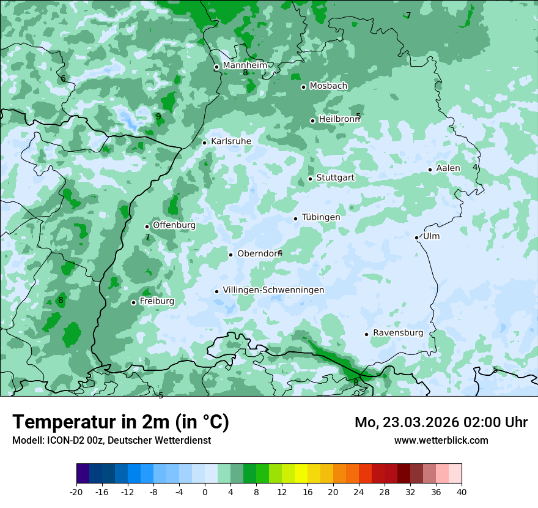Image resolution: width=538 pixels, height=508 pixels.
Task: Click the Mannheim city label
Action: [x=245, y=65]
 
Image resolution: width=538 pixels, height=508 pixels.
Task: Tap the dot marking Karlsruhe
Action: [x=205, y=143]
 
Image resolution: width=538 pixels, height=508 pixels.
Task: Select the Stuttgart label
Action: [x=335, y=177]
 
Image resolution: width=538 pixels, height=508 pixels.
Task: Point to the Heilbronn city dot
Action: [x=312, y=121]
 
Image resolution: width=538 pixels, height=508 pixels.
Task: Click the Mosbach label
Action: [x=328, y=86]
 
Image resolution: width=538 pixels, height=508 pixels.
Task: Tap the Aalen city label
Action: [x=448, y=168]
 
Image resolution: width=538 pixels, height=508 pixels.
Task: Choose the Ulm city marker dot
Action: [x=416, y=237]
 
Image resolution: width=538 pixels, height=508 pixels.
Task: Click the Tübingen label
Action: [x=321, y=217]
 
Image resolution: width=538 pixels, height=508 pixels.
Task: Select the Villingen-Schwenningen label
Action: [x=273, y=290]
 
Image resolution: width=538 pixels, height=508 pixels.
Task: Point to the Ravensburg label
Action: [x=398, y=333]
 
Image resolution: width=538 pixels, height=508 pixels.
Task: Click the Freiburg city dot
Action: [x=133, y=302]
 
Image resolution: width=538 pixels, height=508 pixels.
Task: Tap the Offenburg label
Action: [x=174, y=225]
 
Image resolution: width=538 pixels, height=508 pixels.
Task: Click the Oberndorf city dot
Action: [x=230, y=255]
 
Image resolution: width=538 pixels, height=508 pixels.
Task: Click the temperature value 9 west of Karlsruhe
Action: [x=158, y=116]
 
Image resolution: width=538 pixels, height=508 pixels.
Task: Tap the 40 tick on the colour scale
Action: [x=462, y=491]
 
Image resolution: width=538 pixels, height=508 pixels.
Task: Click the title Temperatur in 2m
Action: [x=120, y=422]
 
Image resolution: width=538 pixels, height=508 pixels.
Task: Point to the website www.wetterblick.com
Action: [x=441, y=440]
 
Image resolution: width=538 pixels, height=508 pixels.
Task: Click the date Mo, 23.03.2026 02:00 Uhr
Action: [x=441, y=422]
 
